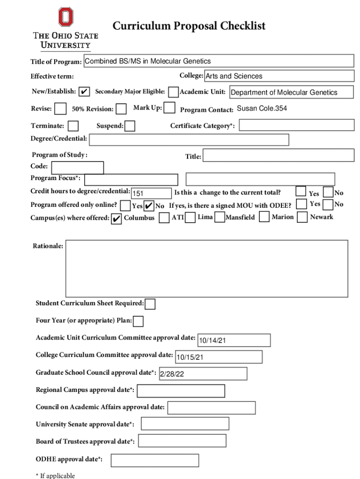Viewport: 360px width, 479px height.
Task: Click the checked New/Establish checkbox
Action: [x=84, y=92]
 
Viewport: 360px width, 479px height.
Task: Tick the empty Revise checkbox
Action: [x=60, y=109]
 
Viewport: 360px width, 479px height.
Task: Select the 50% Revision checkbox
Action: [x=121, y=109]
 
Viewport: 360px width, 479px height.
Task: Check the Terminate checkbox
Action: [x=73, y=126]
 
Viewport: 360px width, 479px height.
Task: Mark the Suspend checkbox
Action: [x=130, y=126]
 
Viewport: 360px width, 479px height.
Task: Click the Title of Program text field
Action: [x=218, y=61]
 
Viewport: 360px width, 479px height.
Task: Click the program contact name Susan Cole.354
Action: [x=262, y=109]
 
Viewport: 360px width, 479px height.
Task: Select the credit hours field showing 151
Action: [x=151, y=193]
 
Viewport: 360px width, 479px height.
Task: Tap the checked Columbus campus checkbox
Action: [x=117, y=218]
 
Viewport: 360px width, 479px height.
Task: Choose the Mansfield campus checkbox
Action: [x=219, y=218]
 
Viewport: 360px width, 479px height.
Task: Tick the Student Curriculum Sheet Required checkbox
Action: [x=150, y=304]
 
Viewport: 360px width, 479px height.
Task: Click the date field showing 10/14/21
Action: [x=234, y=341]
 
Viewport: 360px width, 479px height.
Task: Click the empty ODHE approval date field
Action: [x=154, y=460]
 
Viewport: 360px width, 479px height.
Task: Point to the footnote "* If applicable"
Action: [x=55, y=475]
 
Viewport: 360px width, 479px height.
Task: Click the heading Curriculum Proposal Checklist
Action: [x=189, y=26]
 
